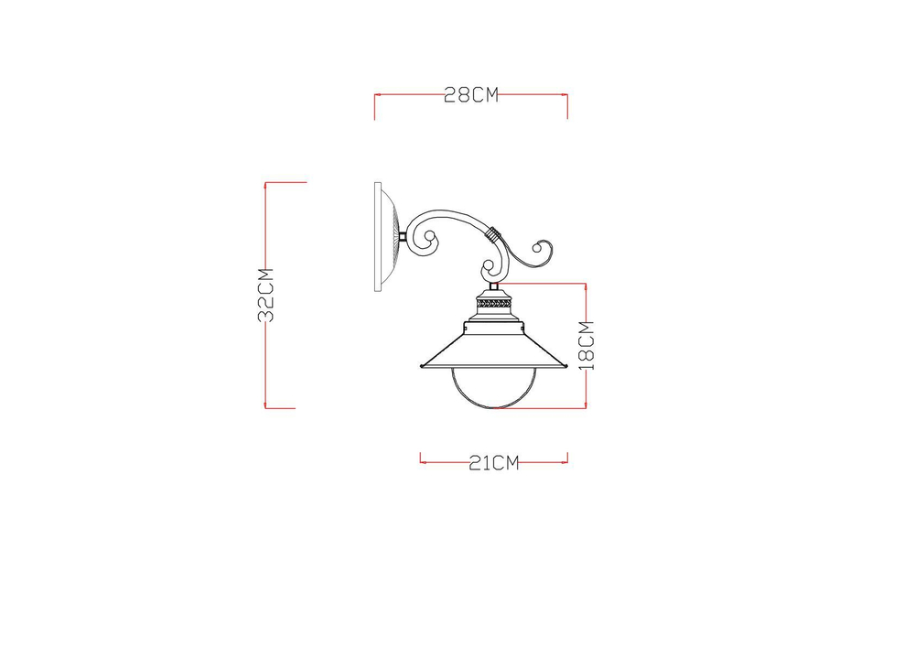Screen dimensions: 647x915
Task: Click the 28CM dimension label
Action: point(471,95)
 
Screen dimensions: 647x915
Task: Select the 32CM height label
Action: point(266,295)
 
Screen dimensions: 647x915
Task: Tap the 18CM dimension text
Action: point(587,344)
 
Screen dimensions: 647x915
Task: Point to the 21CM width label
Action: point(494,463)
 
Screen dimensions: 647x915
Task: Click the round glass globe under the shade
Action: point(492,388)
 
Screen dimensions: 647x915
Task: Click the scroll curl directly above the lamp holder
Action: point(490,269)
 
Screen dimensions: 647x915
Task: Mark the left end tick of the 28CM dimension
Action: point(375,105)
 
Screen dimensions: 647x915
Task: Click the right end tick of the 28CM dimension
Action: point(568,105)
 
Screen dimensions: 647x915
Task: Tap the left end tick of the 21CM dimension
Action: point(420,458)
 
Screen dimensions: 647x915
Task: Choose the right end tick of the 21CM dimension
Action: point(568,458)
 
